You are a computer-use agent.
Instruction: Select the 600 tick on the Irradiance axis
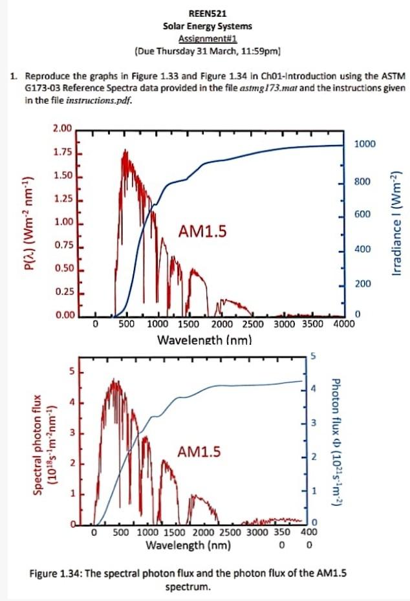(x=362, y=214)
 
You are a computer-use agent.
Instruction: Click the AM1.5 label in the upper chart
(x=202, y=231)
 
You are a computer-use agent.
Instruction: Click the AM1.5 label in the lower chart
(x=199, y=452)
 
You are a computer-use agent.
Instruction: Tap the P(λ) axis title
(x=27, y=223)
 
